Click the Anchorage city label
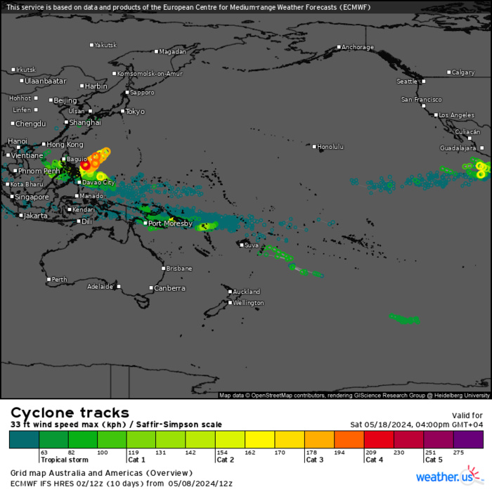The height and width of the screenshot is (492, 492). [x=358, y=48]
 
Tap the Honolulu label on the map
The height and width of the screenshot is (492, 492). [x=330, y=147]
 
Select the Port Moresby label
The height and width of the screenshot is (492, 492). [x=169, y=224]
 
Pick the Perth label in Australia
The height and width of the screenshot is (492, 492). [x=59, y=280]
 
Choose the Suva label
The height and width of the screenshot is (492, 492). [x=252, y=245]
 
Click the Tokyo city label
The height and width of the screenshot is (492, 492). [x=134, y=112]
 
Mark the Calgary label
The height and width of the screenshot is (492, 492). [x=463, y=72]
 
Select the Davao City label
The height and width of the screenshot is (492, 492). [x=98, y=183]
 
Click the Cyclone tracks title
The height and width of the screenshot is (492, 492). [x=70, y=413]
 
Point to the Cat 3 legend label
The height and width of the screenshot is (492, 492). [x=313, y=460]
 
